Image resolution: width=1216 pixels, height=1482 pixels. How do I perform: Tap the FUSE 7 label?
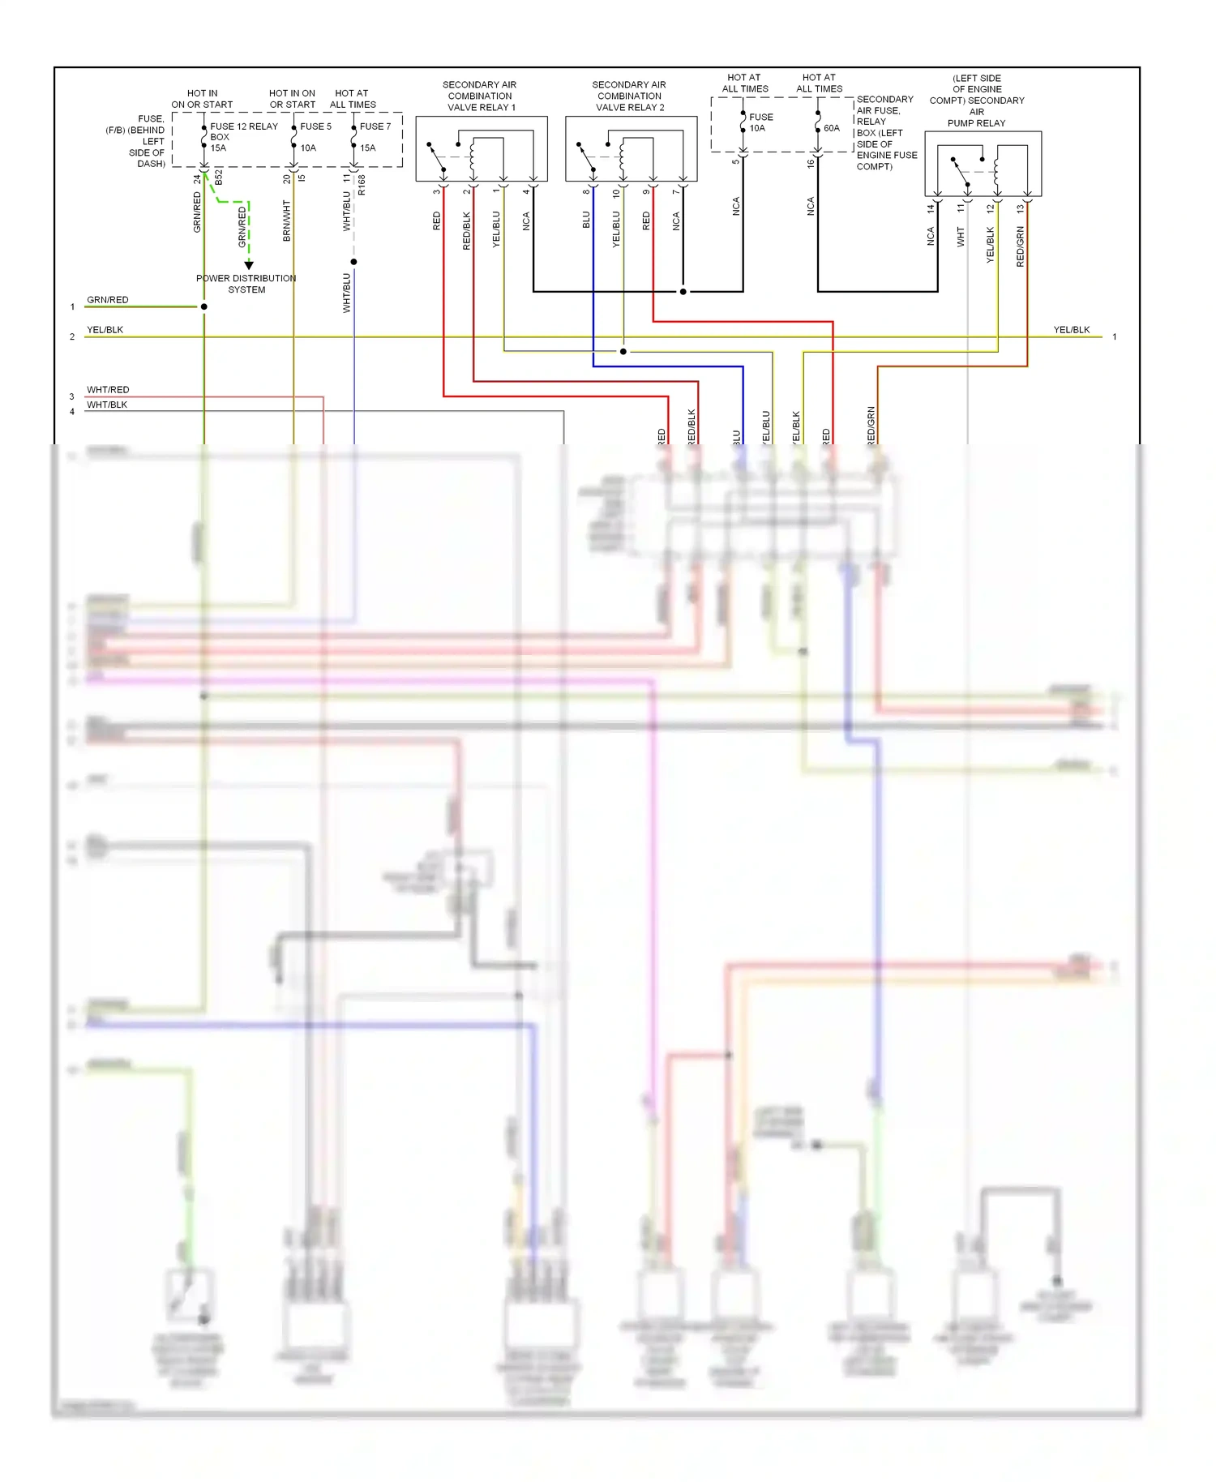(x=375, y=126)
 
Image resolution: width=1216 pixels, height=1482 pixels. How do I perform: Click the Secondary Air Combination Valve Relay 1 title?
(x=481, y=96)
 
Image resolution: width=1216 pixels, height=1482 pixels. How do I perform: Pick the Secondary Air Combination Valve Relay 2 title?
(x=629, y=96)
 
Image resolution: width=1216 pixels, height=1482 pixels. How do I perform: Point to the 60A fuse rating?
(x=832, y=128)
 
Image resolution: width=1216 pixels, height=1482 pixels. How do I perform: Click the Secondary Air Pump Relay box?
(x=983, y=164)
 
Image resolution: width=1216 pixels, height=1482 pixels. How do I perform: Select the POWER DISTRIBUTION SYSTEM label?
(x=246, y=284)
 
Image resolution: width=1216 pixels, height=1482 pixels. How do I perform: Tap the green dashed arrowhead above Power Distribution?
(x=249, y=265)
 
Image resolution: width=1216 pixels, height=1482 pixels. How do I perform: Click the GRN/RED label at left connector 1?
(x=108, y=300)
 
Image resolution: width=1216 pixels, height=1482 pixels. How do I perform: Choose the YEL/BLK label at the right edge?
(x=1071, y=330)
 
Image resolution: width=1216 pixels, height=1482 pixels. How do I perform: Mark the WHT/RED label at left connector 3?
(x=108, y=390)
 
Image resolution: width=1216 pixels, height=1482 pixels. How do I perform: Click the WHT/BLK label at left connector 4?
(x=107, y=405)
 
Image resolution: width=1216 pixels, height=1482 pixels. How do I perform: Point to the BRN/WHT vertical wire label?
(x=286, y=221)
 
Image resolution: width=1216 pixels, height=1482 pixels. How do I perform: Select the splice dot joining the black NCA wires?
(x=683, y=291)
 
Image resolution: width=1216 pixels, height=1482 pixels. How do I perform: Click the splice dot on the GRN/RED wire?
(x=204, y=306)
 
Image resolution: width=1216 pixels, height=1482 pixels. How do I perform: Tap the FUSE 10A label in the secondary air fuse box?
(x=760, y=122)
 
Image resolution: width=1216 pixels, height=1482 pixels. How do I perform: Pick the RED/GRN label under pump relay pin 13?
(x=1020, y=246)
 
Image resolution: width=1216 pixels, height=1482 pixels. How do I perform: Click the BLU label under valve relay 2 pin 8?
(x=586, y=220)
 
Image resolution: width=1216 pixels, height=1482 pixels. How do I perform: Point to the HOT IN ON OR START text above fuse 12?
(x=202, y=99)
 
